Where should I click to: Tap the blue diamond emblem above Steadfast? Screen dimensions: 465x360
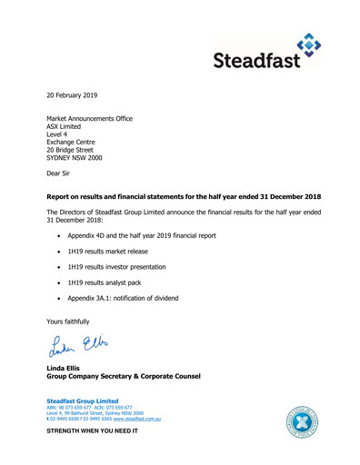click(x=309, y=43)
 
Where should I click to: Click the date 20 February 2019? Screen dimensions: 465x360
click(x=72, y=94)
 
